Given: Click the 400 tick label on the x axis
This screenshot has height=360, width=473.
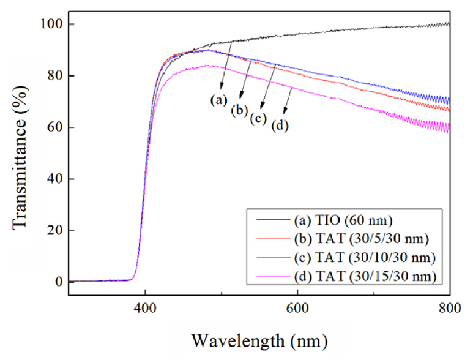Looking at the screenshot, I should (145, 309).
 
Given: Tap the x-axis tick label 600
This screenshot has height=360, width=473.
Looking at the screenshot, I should (297, 309).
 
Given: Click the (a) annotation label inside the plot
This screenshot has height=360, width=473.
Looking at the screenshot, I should (218, 99).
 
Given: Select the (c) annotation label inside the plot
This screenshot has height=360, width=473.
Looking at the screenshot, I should (257, 118).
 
